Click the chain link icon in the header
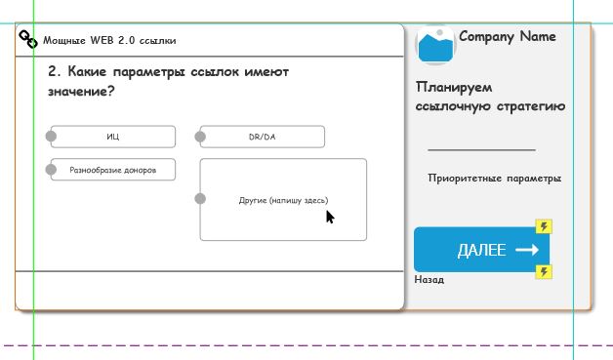[x=28, y=39]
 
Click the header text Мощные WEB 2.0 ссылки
[x=109, y=41]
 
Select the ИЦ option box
[x=113, y=137]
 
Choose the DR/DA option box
[x=263, y=137]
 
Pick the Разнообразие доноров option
[x=113, y=170]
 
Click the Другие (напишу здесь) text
[x=283, y=201]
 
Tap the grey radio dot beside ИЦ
[x=51, y=136]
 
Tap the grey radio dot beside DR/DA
[x=200, y=137]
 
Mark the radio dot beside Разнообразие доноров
[x=51, y=170]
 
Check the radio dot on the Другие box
[x=200, y=199]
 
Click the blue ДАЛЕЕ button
[x=481, y=250]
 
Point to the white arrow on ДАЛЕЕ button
[x=527, y=250]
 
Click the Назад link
[x=429, y=280]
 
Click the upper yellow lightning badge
[x=544, y=226]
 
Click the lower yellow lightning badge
[x=544, y=271]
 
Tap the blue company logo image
[x=435, y=46]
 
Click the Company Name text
[x=508, y=37]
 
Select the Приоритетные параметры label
[x=495, y=179]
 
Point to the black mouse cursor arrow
[x=330, y=217]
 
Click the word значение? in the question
[x=81, y=92]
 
